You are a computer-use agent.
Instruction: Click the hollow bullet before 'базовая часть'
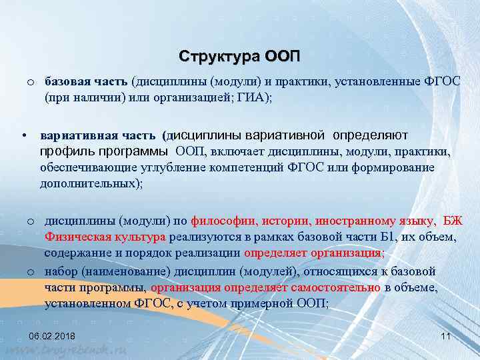point(31,82)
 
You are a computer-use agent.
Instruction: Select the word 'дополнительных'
point(86,184)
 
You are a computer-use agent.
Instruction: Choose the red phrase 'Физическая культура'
point(105,237)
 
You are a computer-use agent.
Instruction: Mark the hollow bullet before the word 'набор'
point(31,272)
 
